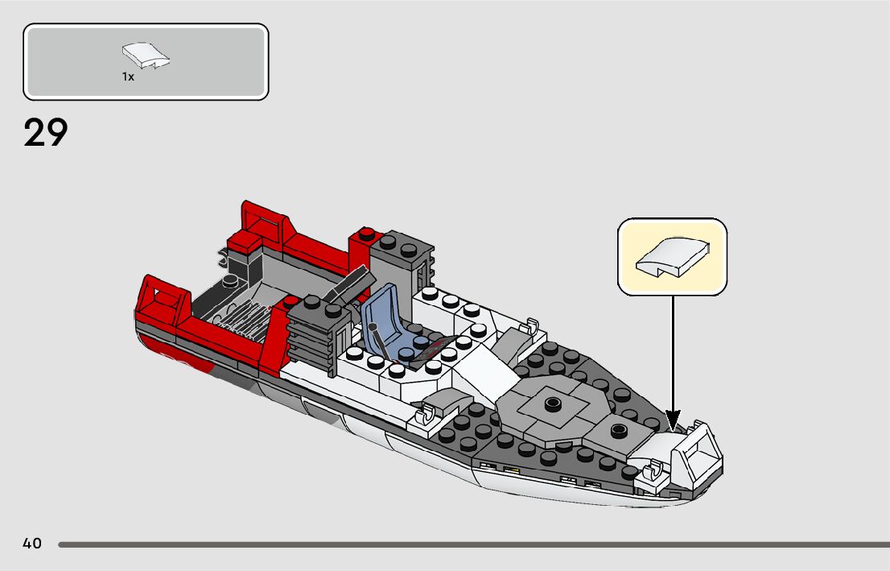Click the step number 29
click(46, 133)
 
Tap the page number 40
click(32, 544)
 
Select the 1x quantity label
click(128, 77)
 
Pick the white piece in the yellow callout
click(672, 257)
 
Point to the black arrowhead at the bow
click(673, 421)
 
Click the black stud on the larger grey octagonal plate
click(552, 403)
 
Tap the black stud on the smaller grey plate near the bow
click(618, 429)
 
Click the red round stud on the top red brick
click(367, 234)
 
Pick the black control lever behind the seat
click(352, 285)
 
